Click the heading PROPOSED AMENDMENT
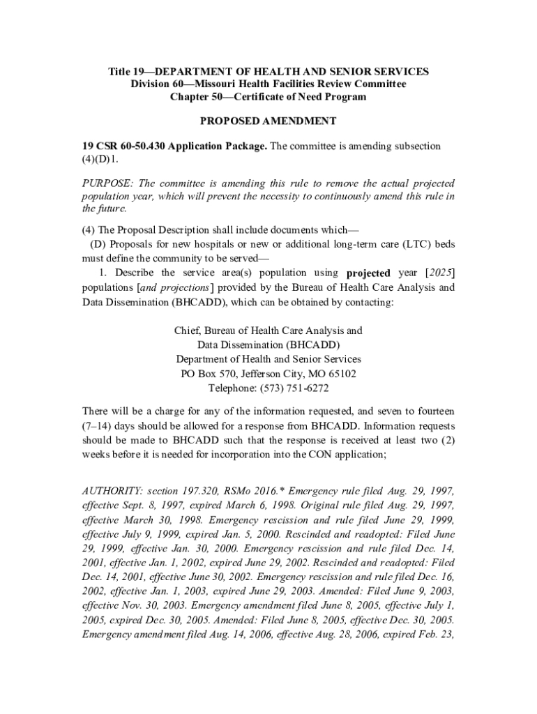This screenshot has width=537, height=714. pyautogui.click(x=268, y=121)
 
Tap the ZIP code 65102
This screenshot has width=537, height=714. pyautogui.click(x=342, y=374)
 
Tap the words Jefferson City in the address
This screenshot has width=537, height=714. pyautogui.click(x=269, y=374)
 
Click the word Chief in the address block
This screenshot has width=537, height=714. pyautogui.click(x=187, y=331)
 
